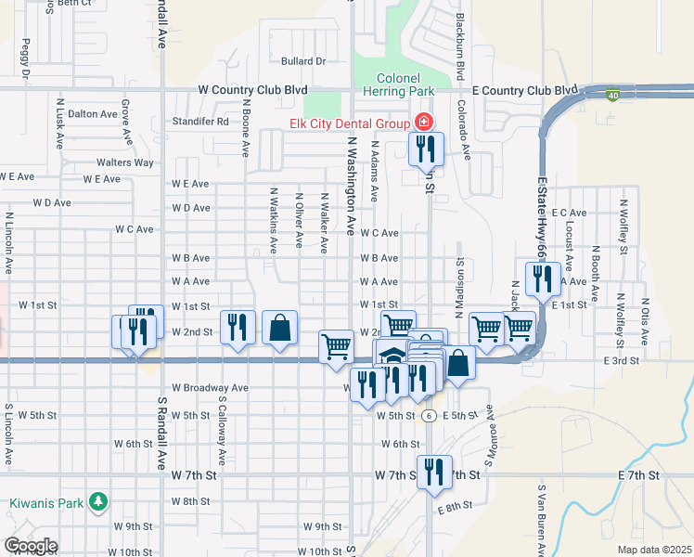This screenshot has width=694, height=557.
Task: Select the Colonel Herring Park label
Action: pos(404,84)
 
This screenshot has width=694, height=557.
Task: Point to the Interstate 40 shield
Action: pos(612,95)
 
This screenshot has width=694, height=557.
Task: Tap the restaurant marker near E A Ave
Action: pos(539,278)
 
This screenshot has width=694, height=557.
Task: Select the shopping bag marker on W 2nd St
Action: pos(279,328)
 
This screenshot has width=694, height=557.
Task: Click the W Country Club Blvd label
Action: pos(252,90)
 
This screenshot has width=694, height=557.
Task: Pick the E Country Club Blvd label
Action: pos(525,90)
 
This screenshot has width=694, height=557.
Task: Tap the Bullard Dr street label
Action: pos(302,61)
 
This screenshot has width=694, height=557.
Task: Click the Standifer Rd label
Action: pos(200,122)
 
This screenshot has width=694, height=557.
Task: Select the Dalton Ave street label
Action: pos(93,114)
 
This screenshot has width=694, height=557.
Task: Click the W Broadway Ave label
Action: pos(210,387)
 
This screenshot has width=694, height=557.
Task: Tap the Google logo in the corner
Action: pos(31,546)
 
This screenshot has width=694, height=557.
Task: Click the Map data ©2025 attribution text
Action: pos(654,550)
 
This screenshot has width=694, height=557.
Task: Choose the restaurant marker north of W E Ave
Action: pos(426,149)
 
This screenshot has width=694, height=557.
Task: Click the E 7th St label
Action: pos(637,475)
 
